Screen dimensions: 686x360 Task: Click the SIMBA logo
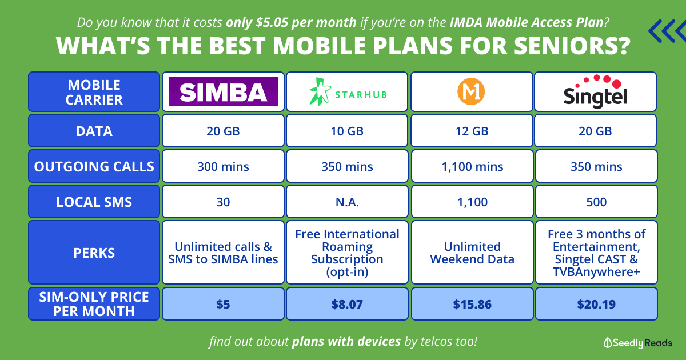(224, 92)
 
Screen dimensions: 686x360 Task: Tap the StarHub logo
(348, 92)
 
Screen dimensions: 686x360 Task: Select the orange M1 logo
(471, 91)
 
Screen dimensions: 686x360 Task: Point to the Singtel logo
(595, 91)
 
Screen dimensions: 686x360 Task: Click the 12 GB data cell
(472, 131)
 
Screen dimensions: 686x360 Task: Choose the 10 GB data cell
(347, 131)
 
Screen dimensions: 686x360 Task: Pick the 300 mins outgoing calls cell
(224, 166)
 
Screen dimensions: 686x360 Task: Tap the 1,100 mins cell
(472, 166)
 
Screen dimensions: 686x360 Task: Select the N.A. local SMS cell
(347, 202)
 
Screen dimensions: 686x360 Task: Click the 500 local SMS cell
(596, 202)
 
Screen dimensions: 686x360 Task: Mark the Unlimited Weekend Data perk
(472, 253)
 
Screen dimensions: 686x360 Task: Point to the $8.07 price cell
(347, 304)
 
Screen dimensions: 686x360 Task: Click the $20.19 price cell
(596, 304)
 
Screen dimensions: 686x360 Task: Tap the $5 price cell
(224, 304)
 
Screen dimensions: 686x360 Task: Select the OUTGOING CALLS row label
(94, 166)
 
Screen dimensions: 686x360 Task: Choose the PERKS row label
(94, 253)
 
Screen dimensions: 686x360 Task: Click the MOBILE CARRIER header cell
(94, 92)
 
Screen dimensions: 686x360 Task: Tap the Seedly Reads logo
(637, 342)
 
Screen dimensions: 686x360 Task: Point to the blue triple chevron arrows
(668, 31)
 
